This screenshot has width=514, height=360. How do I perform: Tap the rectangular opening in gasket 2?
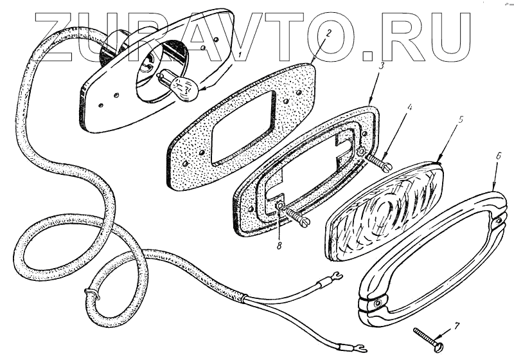(x=243, y=125)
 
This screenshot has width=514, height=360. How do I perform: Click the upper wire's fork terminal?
(x=333, y=280)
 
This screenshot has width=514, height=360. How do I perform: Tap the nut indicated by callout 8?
(x=281, y=206)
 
